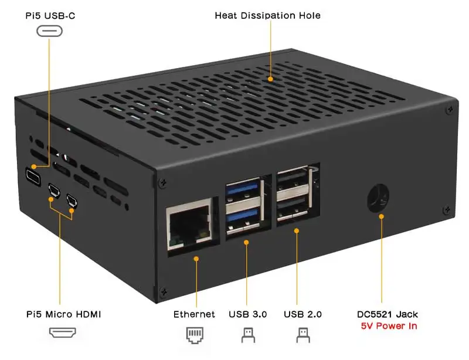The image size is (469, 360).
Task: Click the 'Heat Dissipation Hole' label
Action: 267,15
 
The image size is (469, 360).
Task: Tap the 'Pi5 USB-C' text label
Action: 49,15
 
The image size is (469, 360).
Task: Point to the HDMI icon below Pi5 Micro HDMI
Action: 64,334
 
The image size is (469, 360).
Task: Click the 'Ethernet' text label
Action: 194,314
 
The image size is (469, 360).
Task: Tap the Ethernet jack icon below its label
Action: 194,335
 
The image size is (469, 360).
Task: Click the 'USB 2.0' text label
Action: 303,314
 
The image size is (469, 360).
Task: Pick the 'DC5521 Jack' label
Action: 388,314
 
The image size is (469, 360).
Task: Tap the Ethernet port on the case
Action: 190,225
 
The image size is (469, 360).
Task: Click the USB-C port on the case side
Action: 33,175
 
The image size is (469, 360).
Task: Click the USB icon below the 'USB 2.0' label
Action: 303,335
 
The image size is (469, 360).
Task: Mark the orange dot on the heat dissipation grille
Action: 270,78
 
